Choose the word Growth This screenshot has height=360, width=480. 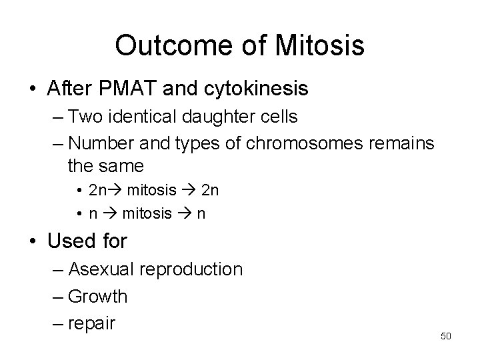(x=97, y=297)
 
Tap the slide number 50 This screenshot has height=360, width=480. (x=446, y=336)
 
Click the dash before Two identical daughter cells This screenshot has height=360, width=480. (x=58, y=117)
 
